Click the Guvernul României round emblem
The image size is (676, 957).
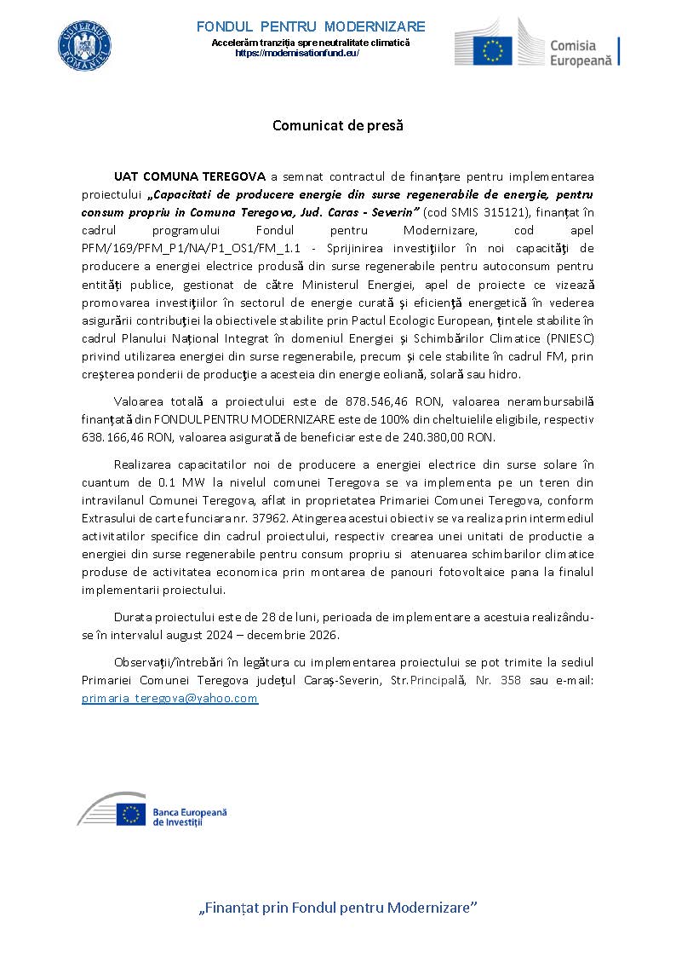85,46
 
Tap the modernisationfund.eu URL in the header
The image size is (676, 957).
296,53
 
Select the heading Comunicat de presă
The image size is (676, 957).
337,125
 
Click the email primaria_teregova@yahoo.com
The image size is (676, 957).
169,698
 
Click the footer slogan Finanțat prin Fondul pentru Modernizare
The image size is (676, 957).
337,908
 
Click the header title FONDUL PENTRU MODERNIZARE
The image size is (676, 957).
311,26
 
